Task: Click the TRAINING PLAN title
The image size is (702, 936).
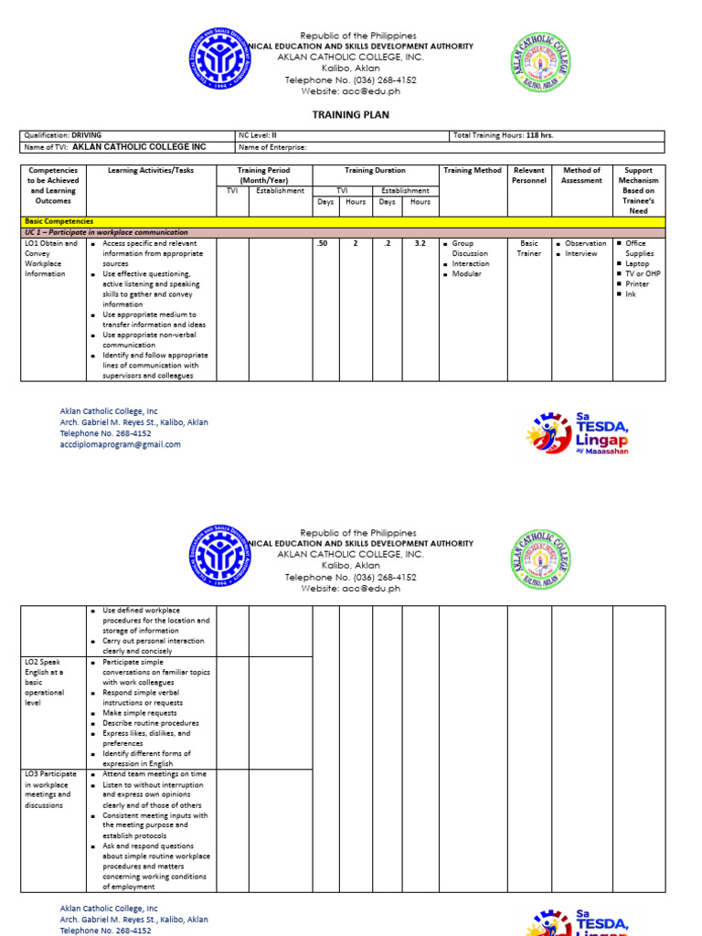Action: [x=351, y=115]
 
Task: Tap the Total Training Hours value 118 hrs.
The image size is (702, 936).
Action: [x=539, y=135]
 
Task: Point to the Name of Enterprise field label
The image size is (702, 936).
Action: [x=272, y=147]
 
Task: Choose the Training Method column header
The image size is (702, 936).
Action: [x=473, y=171]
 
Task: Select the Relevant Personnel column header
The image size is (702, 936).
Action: [x=529, y=175]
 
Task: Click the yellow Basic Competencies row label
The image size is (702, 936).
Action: [x=58, y=221]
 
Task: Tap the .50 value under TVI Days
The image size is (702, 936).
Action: [x=321, y=244]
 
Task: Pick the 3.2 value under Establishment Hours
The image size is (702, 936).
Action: [x=420, y=244]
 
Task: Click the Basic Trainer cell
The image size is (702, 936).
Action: [x=529, y=249]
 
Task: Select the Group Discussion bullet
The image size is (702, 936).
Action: [x=470, y=249]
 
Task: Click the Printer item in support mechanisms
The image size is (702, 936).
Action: [x=637, y=284]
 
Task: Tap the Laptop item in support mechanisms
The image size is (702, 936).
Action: [x=637, y=264]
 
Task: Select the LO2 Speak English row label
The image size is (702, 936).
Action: [x=45, y=682]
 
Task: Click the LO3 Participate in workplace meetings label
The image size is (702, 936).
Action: [x=50, y=790]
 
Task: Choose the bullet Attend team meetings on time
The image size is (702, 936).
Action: [x=154, y=774]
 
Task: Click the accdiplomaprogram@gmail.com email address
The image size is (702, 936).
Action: [x=120, y=445]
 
